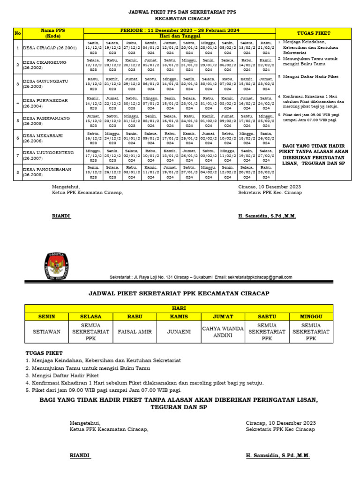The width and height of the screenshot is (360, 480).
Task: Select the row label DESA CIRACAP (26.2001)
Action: tap(49, 48)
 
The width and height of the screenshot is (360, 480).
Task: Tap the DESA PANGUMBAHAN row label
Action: tap(46, 172)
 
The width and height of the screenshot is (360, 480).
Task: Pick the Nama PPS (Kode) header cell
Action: tap(52, 33)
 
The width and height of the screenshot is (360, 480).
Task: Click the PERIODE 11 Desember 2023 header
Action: tap(180, 30)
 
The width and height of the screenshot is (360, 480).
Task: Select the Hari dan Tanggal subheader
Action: tap(180, 36)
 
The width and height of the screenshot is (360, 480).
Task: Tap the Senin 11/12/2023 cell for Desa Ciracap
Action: tap(93, 48)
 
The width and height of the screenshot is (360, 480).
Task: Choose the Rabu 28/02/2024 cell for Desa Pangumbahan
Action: tap(266, 172)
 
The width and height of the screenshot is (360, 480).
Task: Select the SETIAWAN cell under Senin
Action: tap(46, 332)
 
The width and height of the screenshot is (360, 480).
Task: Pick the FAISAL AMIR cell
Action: tap(135, 332)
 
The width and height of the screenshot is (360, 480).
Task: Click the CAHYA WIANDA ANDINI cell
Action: tap(223, 332)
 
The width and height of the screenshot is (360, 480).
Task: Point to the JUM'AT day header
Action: tap(223, 317)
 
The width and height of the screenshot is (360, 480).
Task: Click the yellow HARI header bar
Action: tap(179, 309)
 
